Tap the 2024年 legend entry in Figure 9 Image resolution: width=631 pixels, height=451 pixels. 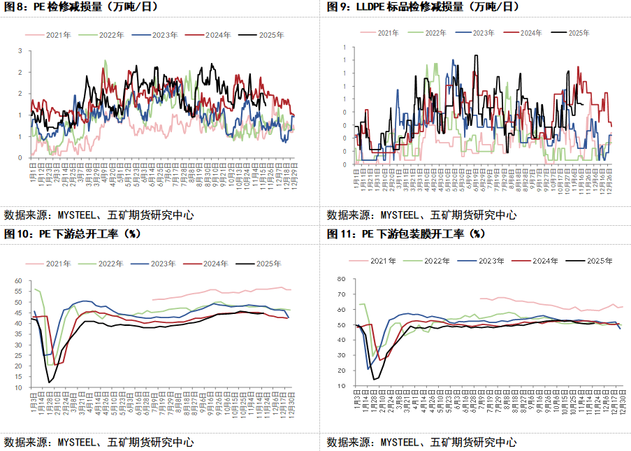[x=522, y=32]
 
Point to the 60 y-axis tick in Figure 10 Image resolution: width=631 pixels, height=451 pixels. [x=18, y=281]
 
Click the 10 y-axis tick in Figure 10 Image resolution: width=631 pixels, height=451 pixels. [x=18, y=387]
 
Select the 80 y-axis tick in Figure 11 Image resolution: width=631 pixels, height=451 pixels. [x=342, y=278]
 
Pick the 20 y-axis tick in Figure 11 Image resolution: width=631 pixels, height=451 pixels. [x=342, y=371]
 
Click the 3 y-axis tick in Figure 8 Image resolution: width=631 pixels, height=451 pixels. [x=20, y=50]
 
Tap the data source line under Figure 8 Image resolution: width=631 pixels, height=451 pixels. [x=99, y=215]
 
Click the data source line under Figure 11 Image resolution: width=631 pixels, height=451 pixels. [x=421, y=442]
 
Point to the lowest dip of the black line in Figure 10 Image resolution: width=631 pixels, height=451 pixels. [x=49, y=382]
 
